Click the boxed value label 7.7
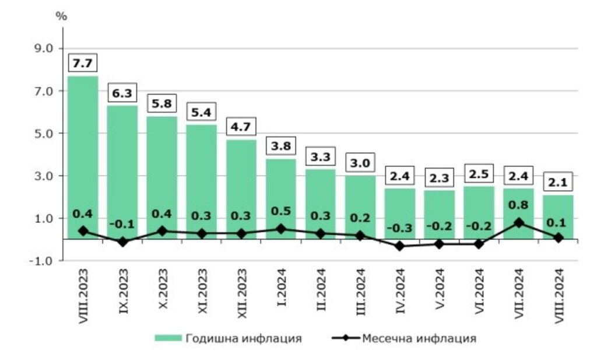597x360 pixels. click(83, 62)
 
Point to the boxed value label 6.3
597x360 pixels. click(122, 93)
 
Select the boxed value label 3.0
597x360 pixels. click(360, 162)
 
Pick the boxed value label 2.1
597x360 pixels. click(558, 181)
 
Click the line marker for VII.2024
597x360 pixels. click(518, 222)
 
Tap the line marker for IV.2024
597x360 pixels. click(399, 246)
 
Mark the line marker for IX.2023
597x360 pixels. click(122, 242)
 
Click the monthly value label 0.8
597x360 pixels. click(518, 205)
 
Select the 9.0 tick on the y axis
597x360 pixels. click(44, 48)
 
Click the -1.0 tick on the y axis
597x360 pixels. click(43, 260)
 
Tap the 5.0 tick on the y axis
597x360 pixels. click(44, 133)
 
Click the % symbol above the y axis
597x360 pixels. click(61, 16)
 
